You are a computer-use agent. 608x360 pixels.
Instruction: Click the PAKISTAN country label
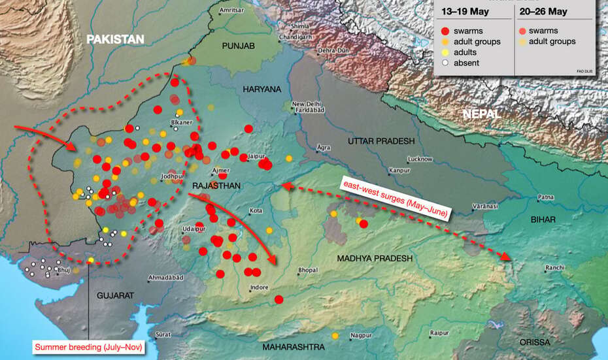[115, 40]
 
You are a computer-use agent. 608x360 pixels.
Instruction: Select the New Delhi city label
[307, 104]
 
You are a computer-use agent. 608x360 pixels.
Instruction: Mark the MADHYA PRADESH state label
[375, 259]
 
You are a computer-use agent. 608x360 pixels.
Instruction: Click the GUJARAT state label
[115, 296]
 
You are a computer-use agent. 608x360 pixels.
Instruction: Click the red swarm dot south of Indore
[279, 300]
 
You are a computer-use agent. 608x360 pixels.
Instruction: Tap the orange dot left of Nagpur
[335, 336]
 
